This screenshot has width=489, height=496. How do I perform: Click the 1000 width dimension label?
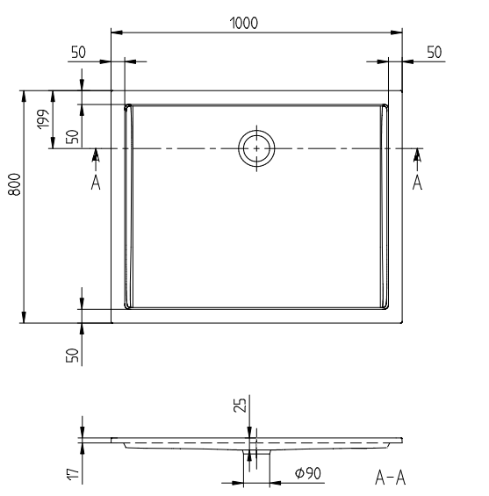click(x=243, y=23)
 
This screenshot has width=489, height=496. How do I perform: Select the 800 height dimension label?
click(x=15, y=184)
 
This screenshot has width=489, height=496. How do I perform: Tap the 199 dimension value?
click(x=43, y=119)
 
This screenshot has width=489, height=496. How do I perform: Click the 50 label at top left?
click(x=78, y=52)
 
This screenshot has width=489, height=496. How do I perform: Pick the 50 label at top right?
click(x=435, y=52)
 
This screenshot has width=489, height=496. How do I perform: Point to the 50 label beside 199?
click(x=73, y=136)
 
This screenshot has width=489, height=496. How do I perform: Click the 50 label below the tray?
click(x=73, y=356)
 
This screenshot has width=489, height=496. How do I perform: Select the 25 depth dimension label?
click(x=240, y=405)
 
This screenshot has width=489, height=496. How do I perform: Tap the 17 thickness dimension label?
click(x=73, y=474)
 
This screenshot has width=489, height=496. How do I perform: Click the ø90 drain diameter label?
click(x=308, y=473)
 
